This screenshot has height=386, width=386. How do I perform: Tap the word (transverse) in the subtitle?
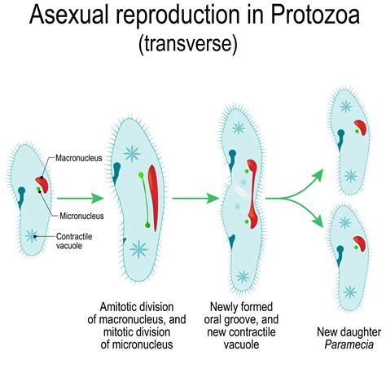click(192, 45)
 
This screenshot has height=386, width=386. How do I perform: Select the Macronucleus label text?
click(79, 159)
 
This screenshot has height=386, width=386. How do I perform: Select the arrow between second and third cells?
click(196, 197)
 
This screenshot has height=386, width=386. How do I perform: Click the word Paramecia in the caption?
click(339, 344)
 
